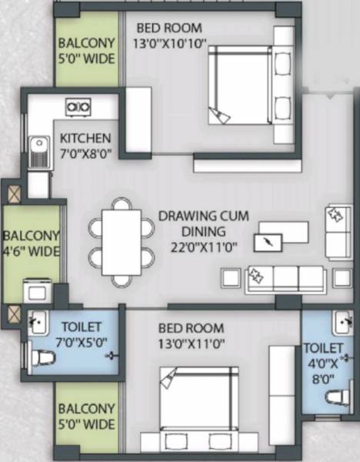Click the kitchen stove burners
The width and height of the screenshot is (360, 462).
[x=78, y=106]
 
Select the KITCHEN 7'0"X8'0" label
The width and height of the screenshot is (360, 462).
[x=86, y=146]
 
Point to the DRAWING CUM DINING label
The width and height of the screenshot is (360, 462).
[x=204, y=223]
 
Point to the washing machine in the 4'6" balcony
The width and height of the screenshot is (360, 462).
[x=37, y=290]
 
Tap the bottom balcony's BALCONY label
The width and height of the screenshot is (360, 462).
[x=86, y=409]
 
